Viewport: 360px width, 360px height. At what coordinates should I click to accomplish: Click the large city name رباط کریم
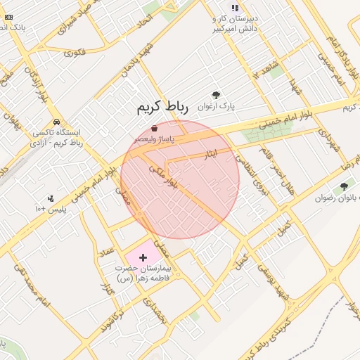click(x=162, y=108)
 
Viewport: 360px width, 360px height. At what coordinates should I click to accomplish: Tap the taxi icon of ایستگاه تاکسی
click(x=55, y=121)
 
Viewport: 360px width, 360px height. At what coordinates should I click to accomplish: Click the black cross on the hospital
click(x=144, y=258)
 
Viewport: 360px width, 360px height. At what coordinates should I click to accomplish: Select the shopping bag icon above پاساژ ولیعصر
click(x=154, y=128)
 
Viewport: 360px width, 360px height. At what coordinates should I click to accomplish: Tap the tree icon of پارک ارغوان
click(x=216, y=94)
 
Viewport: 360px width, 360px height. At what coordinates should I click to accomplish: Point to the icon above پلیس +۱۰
click(x=50, y=199)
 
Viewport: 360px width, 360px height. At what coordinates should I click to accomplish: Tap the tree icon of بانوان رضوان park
click(x=343, y=186)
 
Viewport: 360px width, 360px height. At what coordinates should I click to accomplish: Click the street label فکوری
click(x=75, y=52)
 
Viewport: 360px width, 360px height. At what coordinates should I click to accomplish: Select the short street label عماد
click(x=107, y=250)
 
